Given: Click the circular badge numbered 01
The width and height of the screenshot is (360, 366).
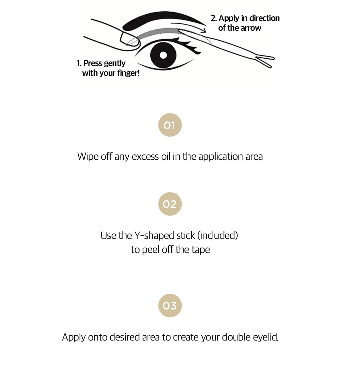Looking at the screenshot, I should tap(170, 125).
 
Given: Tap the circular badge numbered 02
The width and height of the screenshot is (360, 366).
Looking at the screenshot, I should tap(170, 204).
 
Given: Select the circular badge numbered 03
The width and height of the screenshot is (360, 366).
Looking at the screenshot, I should tap(170, 305).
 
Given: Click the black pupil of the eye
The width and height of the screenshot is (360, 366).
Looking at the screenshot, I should tap(163, 55).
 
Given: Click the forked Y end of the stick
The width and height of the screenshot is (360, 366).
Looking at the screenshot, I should tap(265, 61).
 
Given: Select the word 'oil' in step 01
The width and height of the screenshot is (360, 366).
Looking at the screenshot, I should tap(165, 156).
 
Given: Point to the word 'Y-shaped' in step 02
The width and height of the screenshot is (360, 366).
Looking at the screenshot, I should tap(147, 236).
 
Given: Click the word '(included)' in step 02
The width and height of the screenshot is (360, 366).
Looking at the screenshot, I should tap(218, 236).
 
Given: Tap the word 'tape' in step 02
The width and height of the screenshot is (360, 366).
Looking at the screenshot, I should tap(201, 250).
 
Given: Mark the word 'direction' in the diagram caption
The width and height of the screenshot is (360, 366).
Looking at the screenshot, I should tap(263, 18).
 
